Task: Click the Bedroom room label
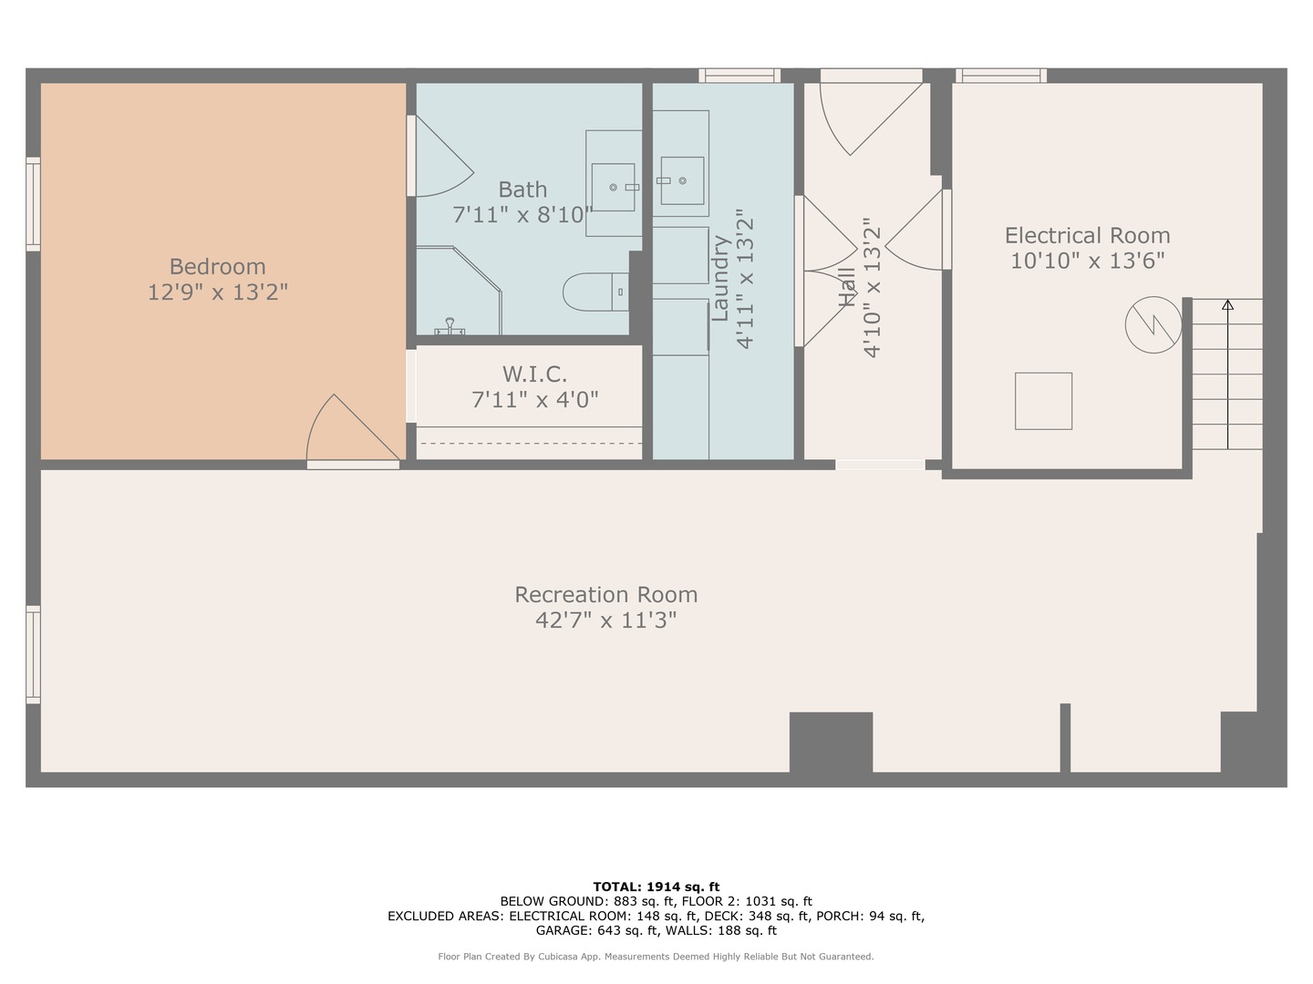(x=217, y=267)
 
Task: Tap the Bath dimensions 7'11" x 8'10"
(x=522, y=215)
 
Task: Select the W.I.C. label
(x=534, y=374)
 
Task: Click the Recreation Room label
(x=605, y=595)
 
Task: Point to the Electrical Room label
(x=1087, y=236)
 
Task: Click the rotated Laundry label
(x=720, y=278)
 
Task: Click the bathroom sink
(x=614, y=187)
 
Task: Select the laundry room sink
(x=681, y=180)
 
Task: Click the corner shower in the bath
(x=456, y=290)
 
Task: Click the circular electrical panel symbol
(x=1153, y=324)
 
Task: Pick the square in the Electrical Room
(x=1043, y=401)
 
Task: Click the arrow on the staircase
(x=1227, y=305)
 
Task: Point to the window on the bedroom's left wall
(x=33, y=203)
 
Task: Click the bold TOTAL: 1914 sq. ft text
(x=656, y=887)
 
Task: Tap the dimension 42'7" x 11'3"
(x=605, y=620)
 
